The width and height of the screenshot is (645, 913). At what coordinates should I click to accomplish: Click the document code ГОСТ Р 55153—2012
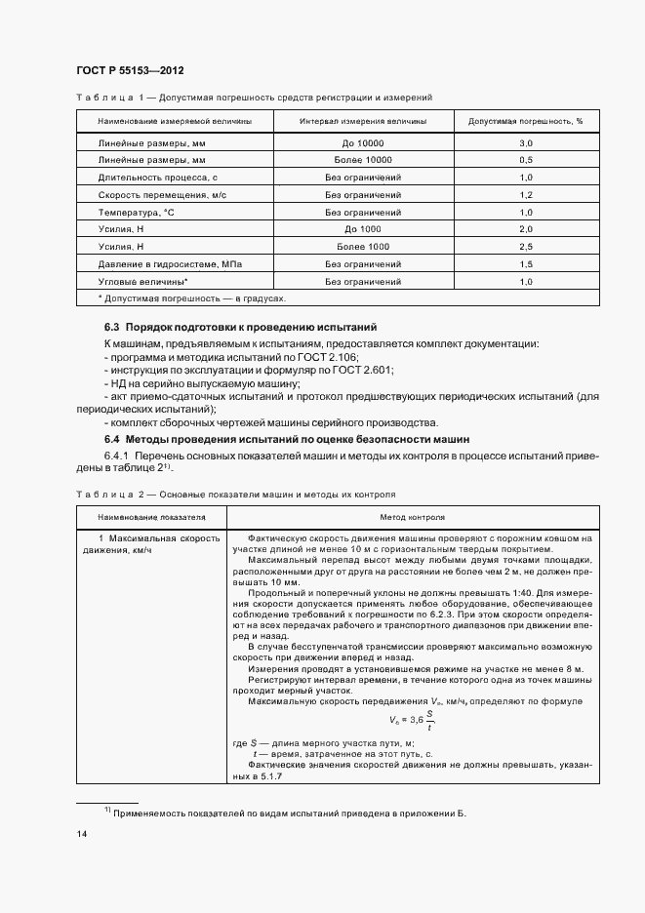pos(129,71)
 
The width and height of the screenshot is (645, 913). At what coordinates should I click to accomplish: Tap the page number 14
pos(81,834)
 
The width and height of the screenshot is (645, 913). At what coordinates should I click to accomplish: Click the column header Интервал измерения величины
pos(361,121)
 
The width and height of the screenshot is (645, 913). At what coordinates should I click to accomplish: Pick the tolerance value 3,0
pos(525,142)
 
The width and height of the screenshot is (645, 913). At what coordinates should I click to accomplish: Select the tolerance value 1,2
pos(525,194)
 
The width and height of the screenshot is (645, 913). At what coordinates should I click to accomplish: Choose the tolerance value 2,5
pos(525,247)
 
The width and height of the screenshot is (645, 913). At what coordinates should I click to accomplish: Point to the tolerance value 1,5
pos(525,264)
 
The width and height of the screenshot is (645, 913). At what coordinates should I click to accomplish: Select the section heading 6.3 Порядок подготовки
pos(240,327)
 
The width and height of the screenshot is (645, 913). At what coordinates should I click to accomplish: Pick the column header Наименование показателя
pos(151,517)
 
